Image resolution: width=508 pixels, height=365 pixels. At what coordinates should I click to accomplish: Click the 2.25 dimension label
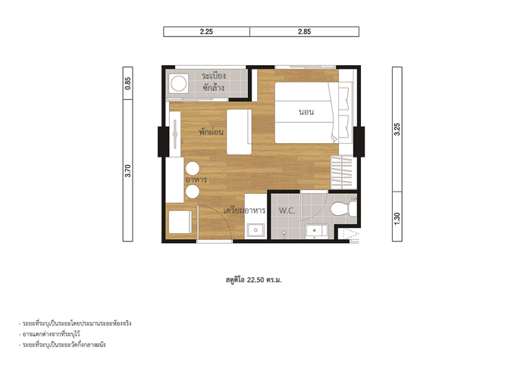click(x=206, y=32)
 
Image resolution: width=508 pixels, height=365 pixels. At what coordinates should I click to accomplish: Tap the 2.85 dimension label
click(x=305, y=32)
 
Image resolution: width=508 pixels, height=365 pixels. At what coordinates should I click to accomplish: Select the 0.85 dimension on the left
click(x=128, y=83)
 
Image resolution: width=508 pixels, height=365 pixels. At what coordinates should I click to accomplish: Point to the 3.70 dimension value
click(x=128, y=171)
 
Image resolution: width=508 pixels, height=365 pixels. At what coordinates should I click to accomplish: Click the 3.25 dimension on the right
click(x=397, y=129)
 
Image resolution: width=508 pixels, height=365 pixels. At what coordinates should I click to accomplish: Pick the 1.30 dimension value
click(x=397, y=219)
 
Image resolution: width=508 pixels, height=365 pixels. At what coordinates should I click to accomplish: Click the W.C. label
click(x=287, y=211)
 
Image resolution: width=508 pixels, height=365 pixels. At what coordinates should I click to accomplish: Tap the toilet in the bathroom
click(x=343, y=208)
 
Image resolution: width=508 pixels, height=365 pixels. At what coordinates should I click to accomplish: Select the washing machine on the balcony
click(x=178, y=83)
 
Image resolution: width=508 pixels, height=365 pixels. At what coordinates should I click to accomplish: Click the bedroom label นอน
click(x=306, y=112)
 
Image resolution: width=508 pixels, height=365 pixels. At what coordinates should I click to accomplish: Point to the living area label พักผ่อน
click(x=212, y=132)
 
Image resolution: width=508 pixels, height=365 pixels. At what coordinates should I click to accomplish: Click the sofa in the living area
click(x=239, y=132)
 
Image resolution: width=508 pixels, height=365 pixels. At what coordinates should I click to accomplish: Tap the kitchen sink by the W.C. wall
click(x=256, y=230)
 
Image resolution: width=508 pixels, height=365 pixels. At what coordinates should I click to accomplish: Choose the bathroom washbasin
click(x=317, y=231)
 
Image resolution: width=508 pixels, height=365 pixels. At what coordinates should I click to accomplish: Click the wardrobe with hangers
click(x=342, y=172)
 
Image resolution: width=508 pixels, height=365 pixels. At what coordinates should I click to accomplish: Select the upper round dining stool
click(x=193, y=169)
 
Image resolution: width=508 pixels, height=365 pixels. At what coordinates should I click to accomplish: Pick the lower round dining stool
click(x=193, y=192)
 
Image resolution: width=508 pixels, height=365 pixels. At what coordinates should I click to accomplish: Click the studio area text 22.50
click(x=256, y=280)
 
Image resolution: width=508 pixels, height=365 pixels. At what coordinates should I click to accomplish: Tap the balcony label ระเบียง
click(x=214, y=76)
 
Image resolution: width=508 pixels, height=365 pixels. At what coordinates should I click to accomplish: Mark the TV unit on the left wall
click(x=175, y=134)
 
